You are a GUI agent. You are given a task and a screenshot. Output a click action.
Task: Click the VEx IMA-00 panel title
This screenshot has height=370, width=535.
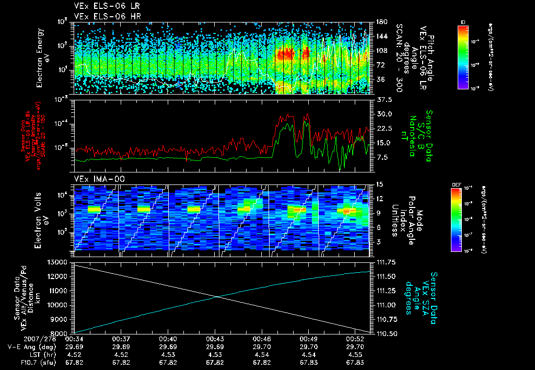click(97, 179)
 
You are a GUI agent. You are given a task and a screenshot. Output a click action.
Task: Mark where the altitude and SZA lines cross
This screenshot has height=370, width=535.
click(217, 297)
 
